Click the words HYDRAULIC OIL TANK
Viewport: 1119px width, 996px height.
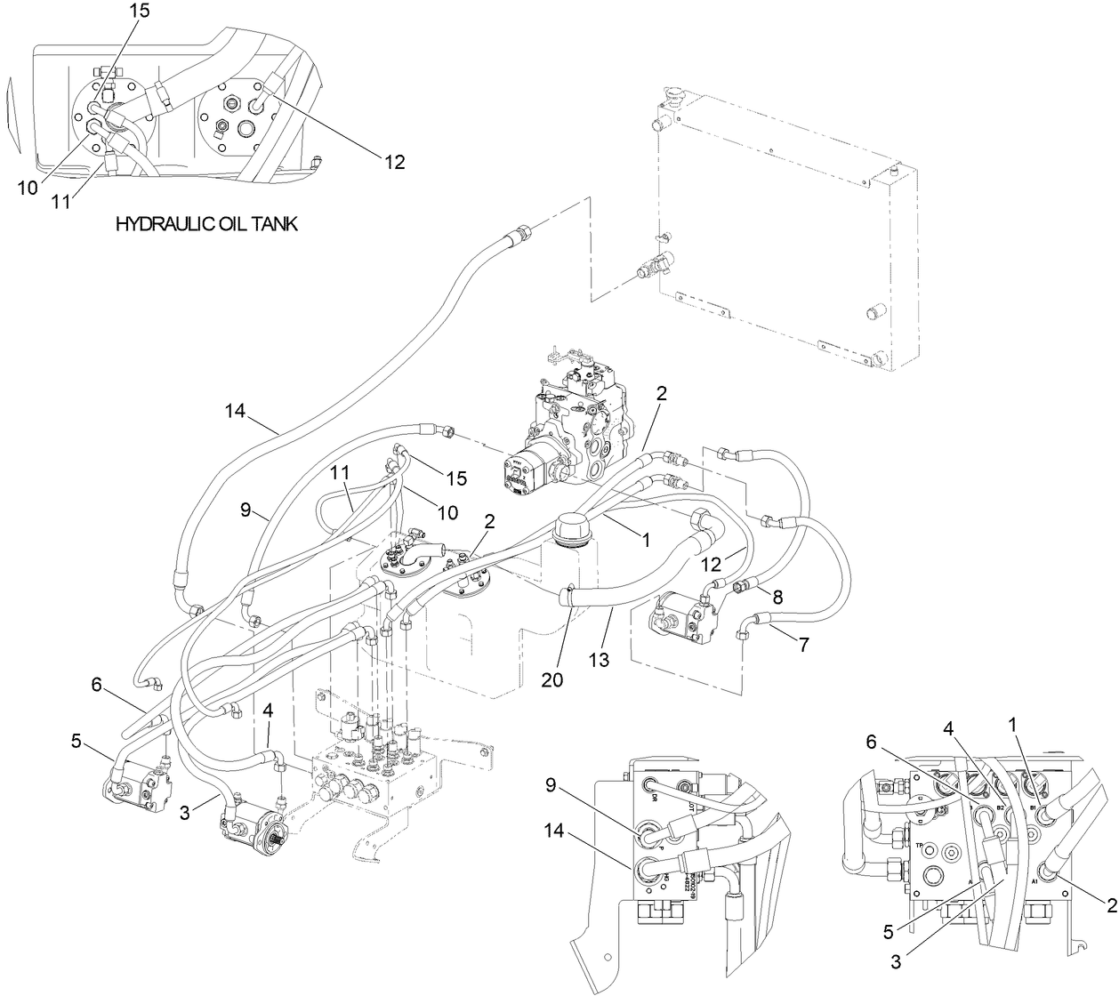(x=206, y=224)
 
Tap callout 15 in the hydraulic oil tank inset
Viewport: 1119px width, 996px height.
(x=140, y=12)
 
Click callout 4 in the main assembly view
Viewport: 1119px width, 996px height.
(x=268, y=712)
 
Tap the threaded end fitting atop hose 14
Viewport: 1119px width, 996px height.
(x=517, y=237)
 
